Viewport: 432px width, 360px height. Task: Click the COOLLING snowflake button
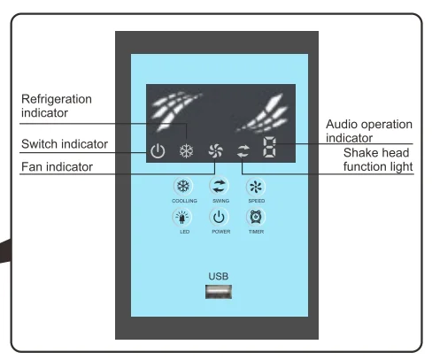tap(183, 187)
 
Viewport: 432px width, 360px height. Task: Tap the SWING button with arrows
tap(219, 187)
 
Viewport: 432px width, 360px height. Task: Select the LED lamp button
tap(182, 218)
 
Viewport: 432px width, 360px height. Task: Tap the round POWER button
tap(219, 218)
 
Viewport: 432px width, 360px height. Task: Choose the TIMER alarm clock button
tap(256, 218)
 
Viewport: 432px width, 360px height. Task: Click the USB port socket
tap(219, 292)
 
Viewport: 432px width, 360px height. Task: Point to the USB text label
tap(219, 276)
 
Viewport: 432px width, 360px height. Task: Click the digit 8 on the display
tap(269, 147)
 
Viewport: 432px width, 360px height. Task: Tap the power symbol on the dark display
tap(158, 151)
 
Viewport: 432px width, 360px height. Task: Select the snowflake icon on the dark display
tap(187, 151)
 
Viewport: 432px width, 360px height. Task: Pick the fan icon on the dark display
tap(216, 151)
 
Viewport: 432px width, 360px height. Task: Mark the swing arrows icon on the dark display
tap(243, 151)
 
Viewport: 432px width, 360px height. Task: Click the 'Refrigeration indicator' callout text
tap(57, 106)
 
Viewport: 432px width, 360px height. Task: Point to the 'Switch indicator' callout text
tap(65, 144)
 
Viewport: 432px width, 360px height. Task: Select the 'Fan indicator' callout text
tap(57, 167)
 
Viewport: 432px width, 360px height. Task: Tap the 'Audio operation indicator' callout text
tap(369, 131)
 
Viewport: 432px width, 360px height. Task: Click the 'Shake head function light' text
tap(378, 159)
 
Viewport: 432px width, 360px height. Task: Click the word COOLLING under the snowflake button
tap(184, 201)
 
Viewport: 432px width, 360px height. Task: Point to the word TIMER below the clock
tap(256, 232)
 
